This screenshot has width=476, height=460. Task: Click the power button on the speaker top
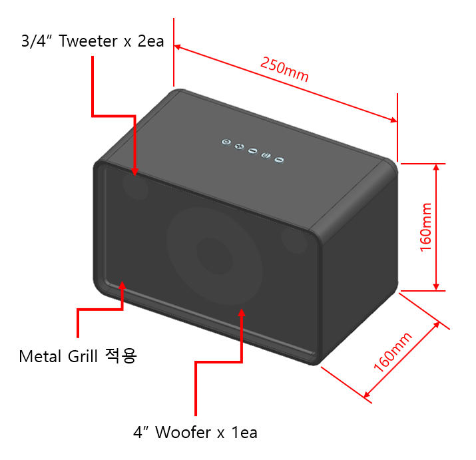[x=226, y=142]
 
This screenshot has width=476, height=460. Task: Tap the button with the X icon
[x=239, y=146]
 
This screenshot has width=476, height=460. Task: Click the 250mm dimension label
[x=284, y=69]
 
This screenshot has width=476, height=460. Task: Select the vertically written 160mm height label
[x=425, y=227]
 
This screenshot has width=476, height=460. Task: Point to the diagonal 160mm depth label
[x=393, y=352]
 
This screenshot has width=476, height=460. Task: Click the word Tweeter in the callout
[x=88, y=41]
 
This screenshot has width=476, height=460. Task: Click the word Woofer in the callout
[x=183, y=432]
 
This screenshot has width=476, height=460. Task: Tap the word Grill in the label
[x=83, y=356]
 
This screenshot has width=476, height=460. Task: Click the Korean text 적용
[x=120, y=355]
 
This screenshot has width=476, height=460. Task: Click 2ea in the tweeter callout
[x=150, y=41]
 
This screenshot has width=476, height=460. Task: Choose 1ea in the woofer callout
[x=244, y=432]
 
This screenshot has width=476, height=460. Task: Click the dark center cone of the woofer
[x=214, y=256]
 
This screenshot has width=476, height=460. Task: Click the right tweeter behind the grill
[x=294, y=240]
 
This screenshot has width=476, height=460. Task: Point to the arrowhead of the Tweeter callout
[x=135, y=172]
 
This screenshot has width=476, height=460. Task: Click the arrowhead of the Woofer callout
[x=242, y=312]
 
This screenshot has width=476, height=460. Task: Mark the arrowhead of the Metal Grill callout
[x=122, y=285]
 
